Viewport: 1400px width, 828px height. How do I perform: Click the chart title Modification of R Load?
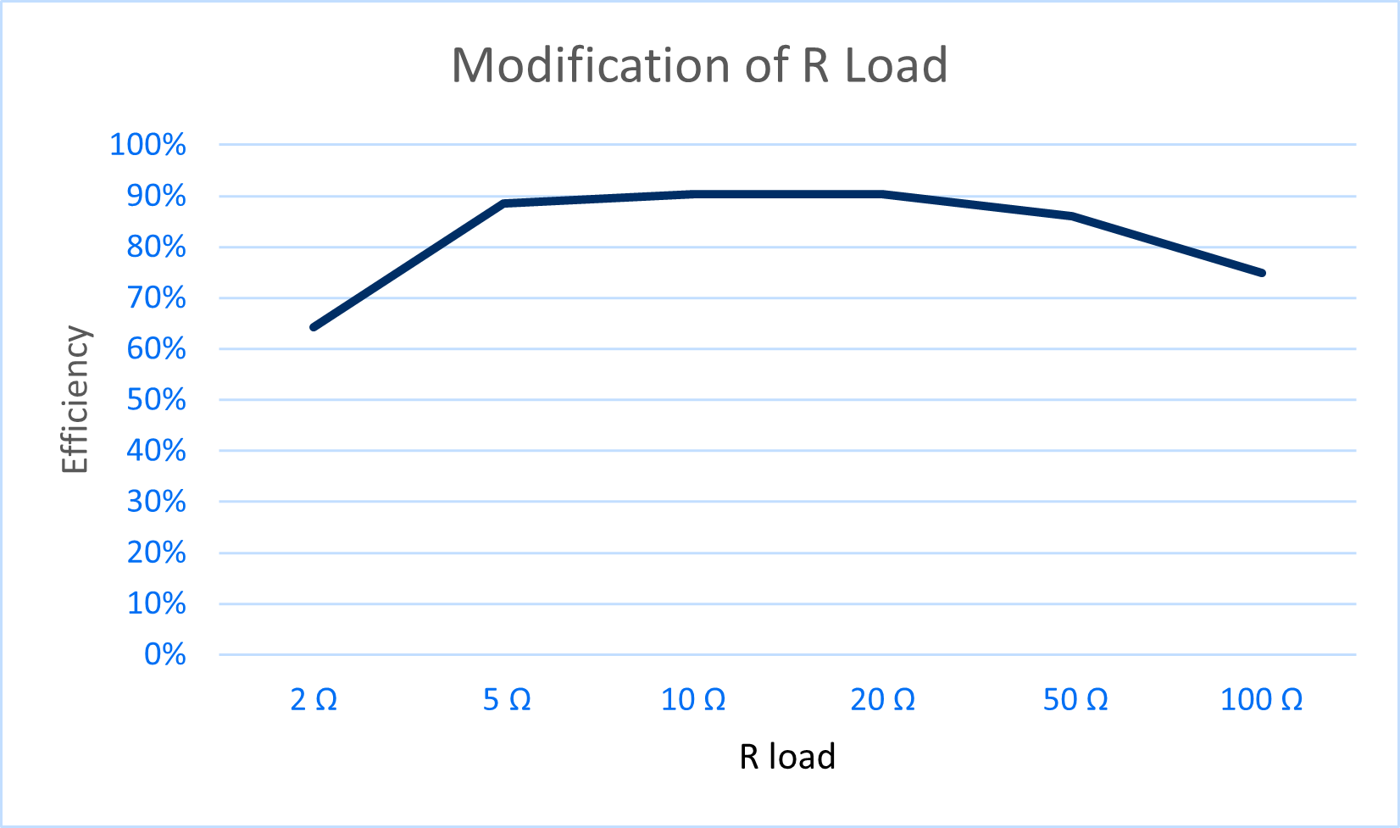pyautogui.click(x=699, y=65)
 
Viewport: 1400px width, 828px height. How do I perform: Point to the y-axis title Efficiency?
pyautogui.click(x=75, y=399)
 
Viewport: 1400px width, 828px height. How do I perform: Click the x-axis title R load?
pyautogui.click(x=787, y=757)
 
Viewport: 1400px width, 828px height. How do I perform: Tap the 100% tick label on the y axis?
pyautogui.click(x=148, y=145)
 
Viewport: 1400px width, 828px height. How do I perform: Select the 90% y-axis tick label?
pyautogui.click(x=156, y=197)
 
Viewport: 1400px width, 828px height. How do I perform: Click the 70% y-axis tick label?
pyautogui.click(x=156, y=298)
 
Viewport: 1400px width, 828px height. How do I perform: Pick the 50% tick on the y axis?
pyautogui.click(x=156, y=400)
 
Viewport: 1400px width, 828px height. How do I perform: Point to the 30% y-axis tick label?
pyautogui.click(x=156, y=502)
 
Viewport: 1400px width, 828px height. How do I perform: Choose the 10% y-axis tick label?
pyautogui.click(x=156, y=603)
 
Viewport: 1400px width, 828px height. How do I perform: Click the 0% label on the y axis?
pyautogui.click(x=165, y=654)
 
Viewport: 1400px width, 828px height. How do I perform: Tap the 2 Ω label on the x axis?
pyautogui.click(x=314, y=700)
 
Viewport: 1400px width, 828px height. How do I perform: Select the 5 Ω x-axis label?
pyautogui.click(x=507, y=700)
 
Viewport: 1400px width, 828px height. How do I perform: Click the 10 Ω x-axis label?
pyautogui.click(x=693, y=700)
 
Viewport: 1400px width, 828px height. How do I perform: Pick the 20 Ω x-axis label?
pyautogui.click(x=883, y=700)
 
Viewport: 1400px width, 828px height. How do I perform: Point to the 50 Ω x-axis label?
pyautogui.click(x=1075, y=700)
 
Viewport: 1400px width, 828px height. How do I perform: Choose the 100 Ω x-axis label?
pyautogui.click(x=1262, y=700)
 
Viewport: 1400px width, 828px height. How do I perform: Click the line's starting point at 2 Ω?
pyautogui.click(x=314, y=327)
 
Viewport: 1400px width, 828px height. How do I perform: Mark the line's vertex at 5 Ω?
pyautogui.click(x=504, y=203)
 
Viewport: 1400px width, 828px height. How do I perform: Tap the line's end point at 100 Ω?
pyautogui.click(x=1263, y=273)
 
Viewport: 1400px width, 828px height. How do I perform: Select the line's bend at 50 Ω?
pyautogui.click(x=1073, y=216)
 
